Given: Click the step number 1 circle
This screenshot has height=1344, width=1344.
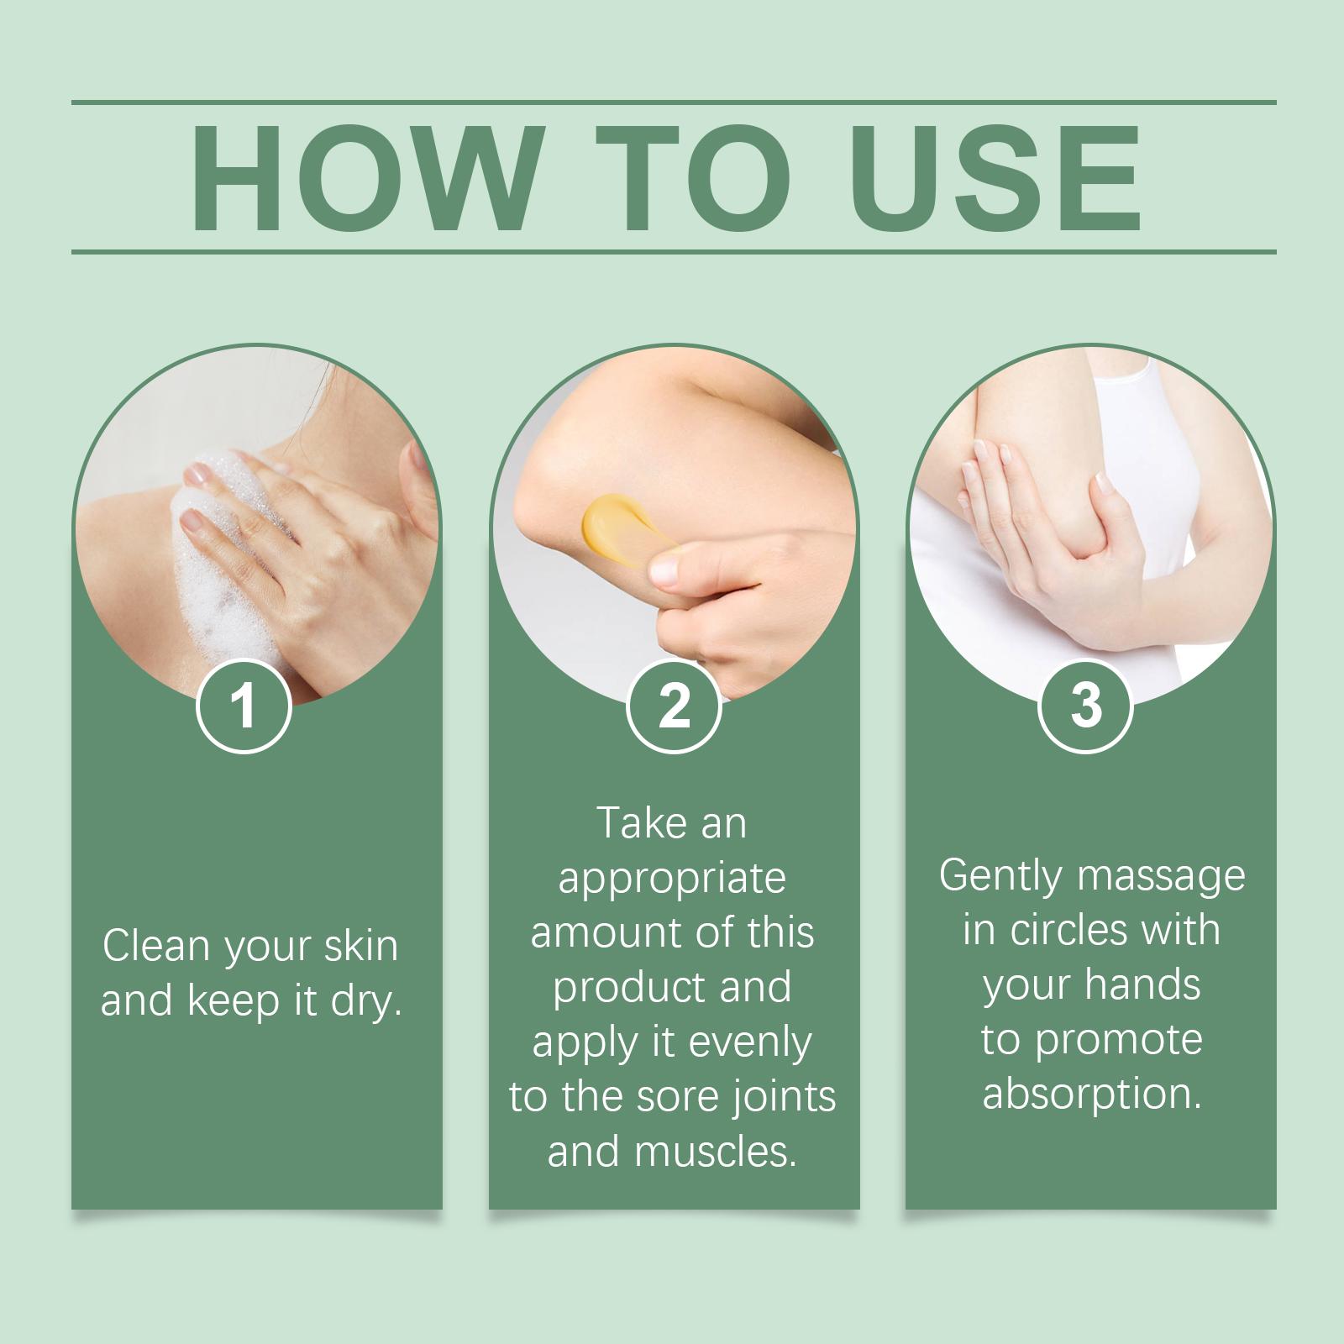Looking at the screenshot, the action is pos(244,706).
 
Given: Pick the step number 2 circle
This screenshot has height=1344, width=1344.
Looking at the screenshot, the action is pos(674,706).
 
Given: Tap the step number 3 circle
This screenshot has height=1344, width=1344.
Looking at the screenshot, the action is pos(1086,706).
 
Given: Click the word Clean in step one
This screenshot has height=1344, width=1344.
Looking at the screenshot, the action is pos(155,946).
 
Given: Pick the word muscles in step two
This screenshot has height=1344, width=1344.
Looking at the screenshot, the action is pos(716,1152).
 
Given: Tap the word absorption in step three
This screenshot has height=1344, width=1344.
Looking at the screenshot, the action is pos(1092,1094).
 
